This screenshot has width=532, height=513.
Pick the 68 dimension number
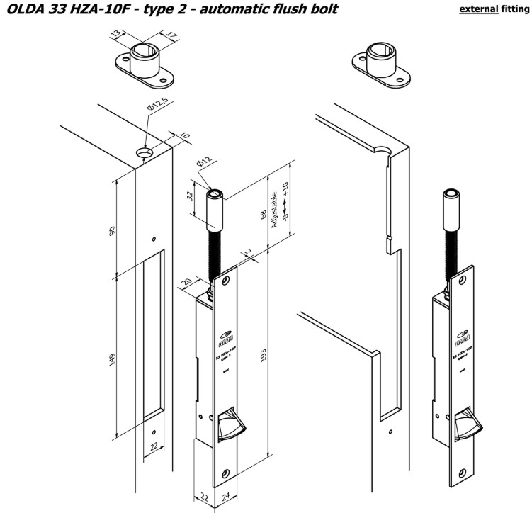click(x=264, y=213)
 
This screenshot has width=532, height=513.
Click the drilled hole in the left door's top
click(x=146, y=152)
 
